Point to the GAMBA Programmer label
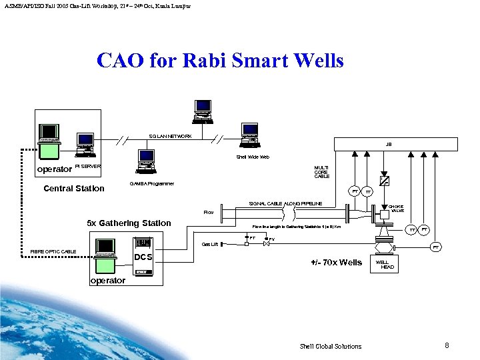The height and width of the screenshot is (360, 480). (x=151, y=183)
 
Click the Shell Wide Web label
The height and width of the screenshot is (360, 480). (x=253, y=157)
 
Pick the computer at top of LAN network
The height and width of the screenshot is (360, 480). (x=203, y=111)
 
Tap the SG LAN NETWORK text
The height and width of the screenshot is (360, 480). (x=171, y=137)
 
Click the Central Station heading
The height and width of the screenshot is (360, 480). (x=74, y=188)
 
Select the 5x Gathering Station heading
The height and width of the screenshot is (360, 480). (x=129, y=223)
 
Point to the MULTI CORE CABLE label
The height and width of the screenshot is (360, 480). (x=322, y=172)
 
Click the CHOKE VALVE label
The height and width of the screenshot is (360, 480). (x=396, y=209)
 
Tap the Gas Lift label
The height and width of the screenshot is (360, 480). (x=209, y=245)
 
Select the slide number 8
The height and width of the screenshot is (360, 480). (x=447, y=345)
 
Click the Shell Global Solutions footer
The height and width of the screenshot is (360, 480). (x=331, y=346)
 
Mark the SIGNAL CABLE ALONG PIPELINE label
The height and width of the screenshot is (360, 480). (x=285, y=203)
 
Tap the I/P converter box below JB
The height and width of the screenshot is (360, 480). (x=384, y=180)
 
